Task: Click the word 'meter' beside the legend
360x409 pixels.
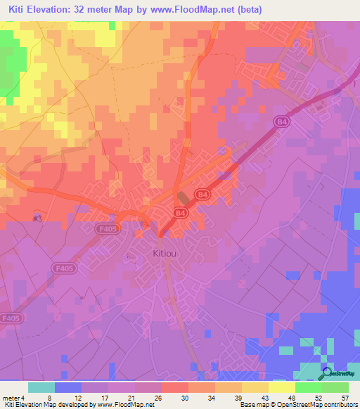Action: point(11,397)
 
